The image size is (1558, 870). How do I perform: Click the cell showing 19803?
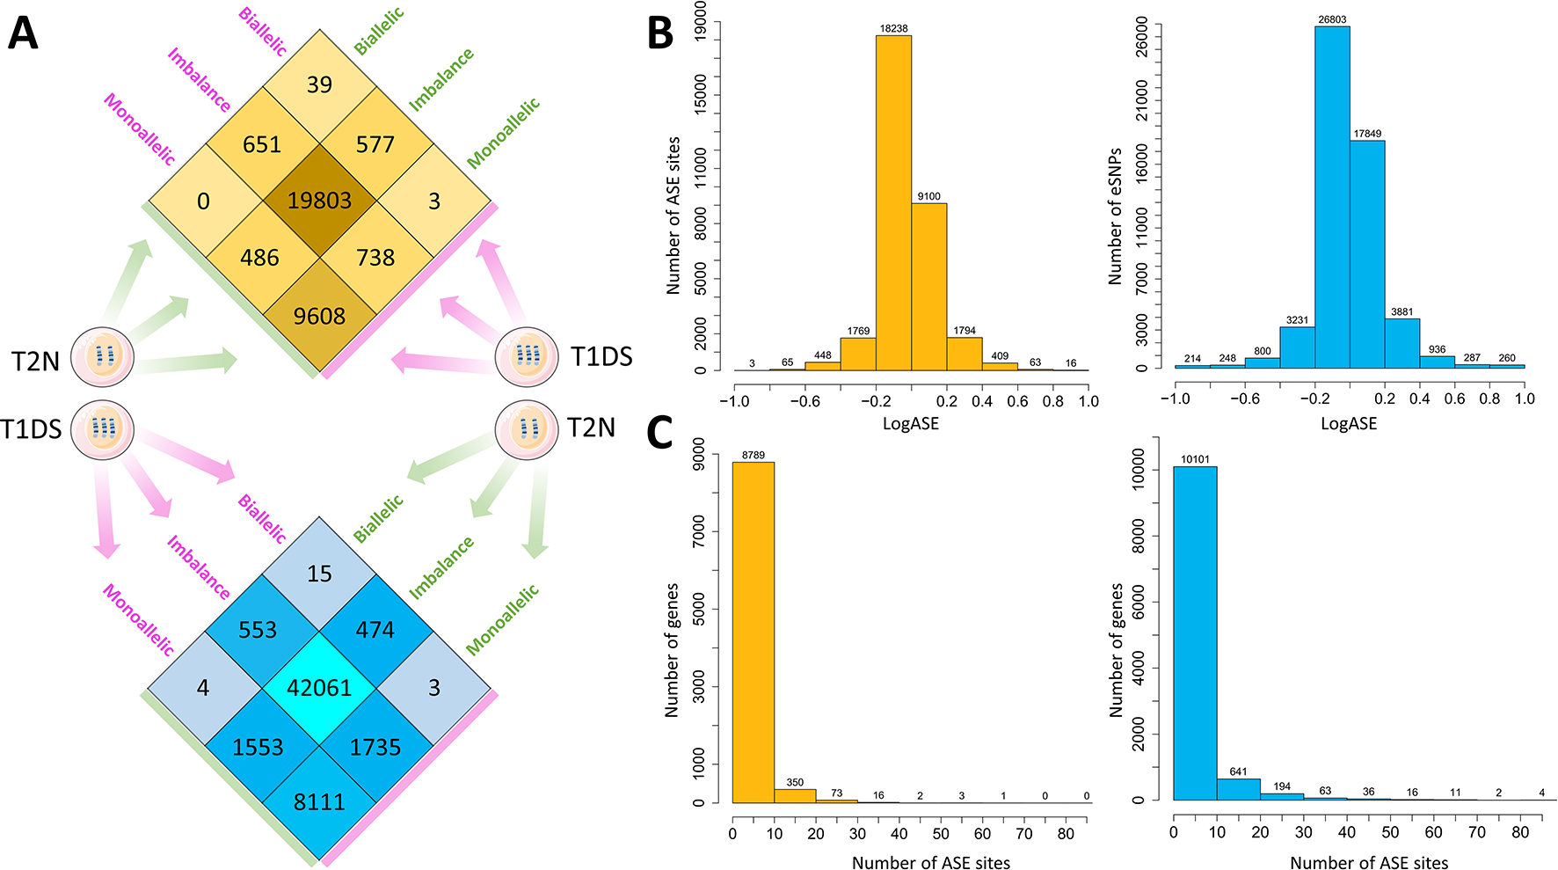tap(319, 201)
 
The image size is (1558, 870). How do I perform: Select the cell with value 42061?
tap(319, 687)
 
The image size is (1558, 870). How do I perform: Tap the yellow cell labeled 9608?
tap(319, 316)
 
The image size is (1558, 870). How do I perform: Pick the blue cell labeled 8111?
tap(319, 801)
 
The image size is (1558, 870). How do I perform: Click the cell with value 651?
tap(261, 144)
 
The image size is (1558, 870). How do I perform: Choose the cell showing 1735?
tap(375, 747)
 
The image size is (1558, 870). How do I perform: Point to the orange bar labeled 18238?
tap(893, 202)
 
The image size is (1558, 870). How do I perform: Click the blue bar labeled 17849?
tap(1367, 255)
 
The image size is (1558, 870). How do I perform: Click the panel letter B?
tap(660, 33)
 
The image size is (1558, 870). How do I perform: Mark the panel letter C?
tap(660, 432)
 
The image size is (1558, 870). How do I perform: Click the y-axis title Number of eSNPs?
tap(1115, 216)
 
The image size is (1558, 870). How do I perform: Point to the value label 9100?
tap(928, 196)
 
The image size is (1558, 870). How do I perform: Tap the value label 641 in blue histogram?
tap(1238, 771)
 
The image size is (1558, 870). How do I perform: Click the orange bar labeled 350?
tap(795, 795)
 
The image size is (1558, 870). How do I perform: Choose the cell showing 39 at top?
tap(319, 84)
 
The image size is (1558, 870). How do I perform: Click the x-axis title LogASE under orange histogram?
tap(911, 424)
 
